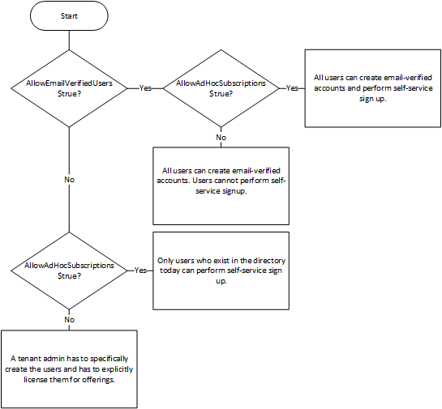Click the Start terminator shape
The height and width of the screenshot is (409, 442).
(x=70, y=15)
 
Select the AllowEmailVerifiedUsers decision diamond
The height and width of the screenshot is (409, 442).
(x=70, y=87)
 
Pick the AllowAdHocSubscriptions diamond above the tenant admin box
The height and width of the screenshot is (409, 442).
(x=70, y=270)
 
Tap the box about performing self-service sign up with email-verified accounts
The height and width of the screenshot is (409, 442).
(x=371, y=87)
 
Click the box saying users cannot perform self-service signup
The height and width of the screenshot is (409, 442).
(x=221, y=185)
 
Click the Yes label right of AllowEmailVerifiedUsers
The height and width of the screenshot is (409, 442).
(x=146, y=87)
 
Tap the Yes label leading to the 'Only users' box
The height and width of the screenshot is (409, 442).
(x=140, y=270)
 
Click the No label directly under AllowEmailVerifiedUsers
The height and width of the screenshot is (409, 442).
(x=70, y=178)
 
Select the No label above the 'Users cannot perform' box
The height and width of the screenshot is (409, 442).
(x=221, y=137)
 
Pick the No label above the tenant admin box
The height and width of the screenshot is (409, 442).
(x=70, y=320)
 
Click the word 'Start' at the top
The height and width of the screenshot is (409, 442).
(x=70, y=15)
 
